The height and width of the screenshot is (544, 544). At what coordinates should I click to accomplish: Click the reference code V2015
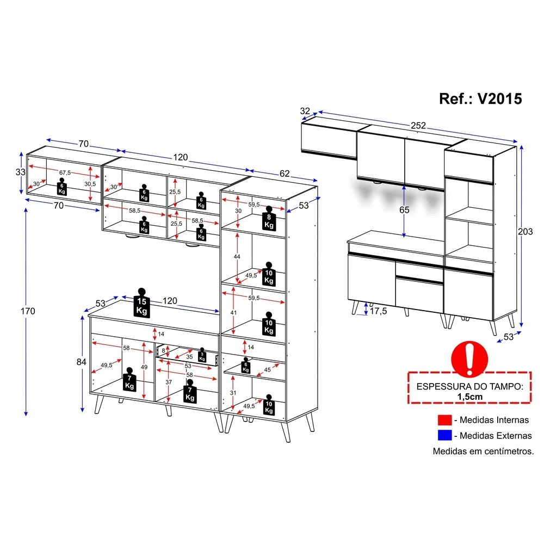click(499, 98)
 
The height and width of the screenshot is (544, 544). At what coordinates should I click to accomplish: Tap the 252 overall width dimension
click(418, 125)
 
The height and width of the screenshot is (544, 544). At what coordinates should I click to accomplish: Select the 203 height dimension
click(526, 231)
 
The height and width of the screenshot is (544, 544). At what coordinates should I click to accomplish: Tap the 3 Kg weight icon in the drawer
click(202, 355)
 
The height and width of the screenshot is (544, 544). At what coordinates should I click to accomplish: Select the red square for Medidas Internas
click(444, 420)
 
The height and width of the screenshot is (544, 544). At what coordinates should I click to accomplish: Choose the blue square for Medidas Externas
click(444, 435)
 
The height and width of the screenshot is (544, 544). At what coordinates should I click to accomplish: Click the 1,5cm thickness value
click(469, 397)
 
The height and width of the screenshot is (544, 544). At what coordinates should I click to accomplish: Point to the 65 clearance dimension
click(404, 209)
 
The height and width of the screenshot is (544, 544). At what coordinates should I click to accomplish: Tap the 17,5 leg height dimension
click(377, 311)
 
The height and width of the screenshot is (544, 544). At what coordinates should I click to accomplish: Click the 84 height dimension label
click(82, 361)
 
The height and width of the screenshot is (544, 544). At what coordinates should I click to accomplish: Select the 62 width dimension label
click(285, 174)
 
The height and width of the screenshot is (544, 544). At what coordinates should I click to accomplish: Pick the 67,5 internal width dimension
click(65, 172)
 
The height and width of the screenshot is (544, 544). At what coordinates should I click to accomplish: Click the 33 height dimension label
click(20, 171)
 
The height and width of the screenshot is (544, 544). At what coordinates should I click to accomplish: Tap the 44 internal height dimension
click(237, 256)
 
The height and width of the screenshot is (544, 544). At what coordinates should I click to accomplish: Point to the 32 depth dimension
click(305, 111)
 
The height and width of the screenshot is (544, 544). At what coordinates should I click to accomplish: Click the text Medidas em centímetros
click(483, 452)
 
